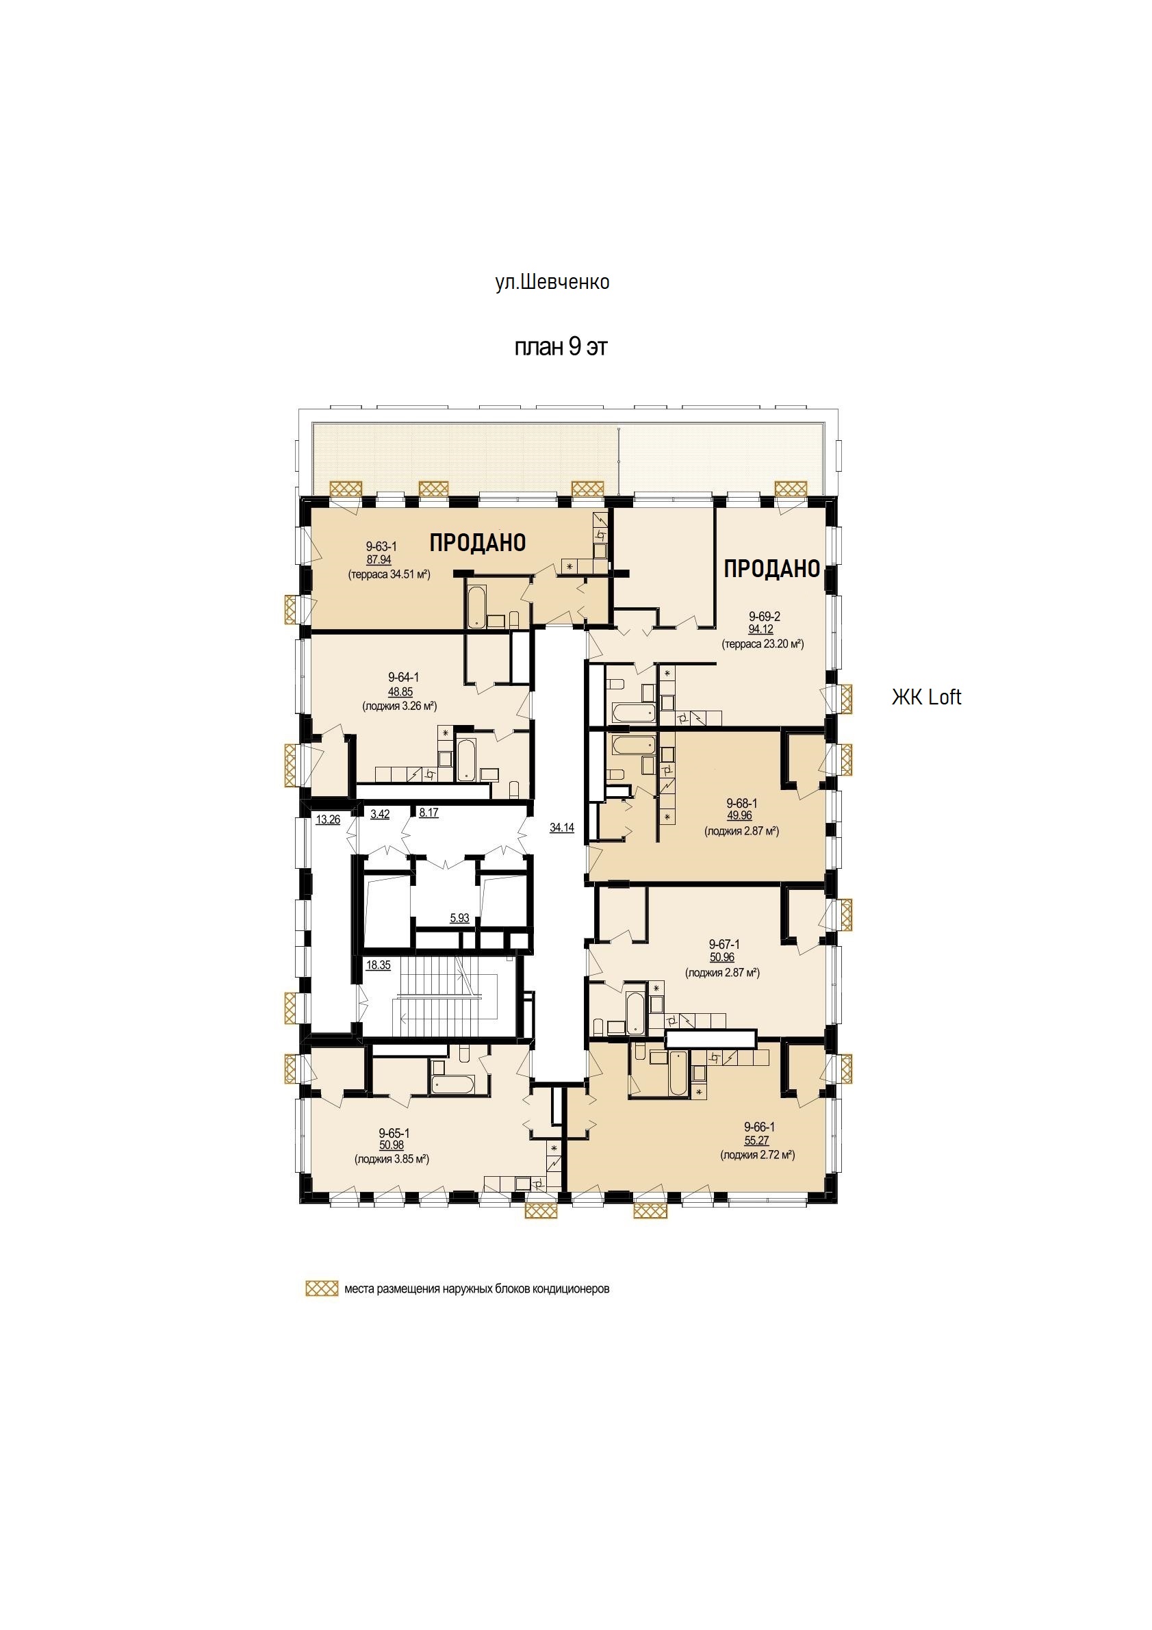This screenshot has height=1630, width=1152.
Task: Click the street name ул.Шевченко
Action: coord(552,283)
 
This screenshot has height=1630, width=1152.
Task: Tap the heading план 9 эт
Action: coord(561,347)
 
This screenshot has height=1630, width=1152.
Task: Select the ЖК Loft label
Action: coord(926,697)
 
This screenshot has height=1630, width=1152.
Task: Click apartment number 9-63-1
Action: coord(381,547)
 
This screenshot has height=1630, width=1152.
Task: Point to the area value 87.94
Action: coord(379,560)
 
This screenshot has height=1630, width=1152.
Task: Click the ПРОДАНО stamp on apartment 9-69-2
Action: coord(772,569)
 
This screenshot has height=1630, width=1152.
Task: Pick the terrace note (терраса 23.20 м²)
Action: coord(763,645)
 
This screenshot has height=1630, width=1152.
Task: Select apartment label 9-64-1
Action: coord(403,678)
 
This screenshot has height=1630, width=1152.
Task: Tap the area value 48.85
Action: coord(400,692)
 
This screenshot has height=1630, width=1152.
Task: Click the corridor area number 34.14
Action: coord(561,827)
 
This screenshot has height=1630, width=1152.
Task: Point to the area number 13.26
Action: coord(328,819)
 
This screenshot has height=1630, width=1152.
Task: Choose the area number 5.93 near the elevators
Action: coord(459,918)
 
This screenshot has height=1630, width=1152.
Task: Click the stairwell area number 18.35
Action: coord(379,965)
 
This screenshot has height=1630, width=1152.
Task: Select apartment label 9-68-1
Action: coord(742,803)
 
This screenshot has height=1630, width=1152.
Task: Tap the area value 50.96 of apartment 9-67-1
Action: coord(722,957)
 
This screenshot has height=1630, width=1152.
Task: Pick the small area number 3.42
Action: coord(380,813)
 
